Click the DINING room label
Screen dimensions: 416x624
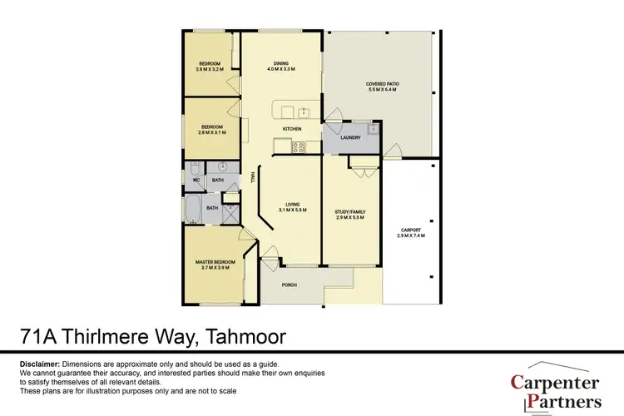[281, 63]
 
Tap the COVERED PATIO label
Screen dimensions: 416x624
[382, 84]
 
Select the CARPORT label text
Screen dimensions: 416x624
[411, 230]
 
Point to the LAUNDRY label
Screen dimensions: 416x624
[349, 137]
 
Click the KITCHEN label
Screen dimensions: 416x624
[291, 130]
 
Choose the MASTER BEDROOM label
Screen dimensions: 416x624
[215, 262]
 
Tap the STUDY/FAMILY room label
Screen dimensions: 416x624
[350, 211]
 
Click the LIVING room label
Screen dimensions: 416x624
[292, 204]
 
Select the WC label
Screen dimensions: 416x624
[196, 179]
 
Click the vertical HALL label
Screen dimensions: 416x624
[251, 178]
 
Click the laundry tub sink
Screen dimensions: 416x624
[374, 130]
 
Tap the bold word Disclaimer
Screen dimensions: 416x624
[39, 364]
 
